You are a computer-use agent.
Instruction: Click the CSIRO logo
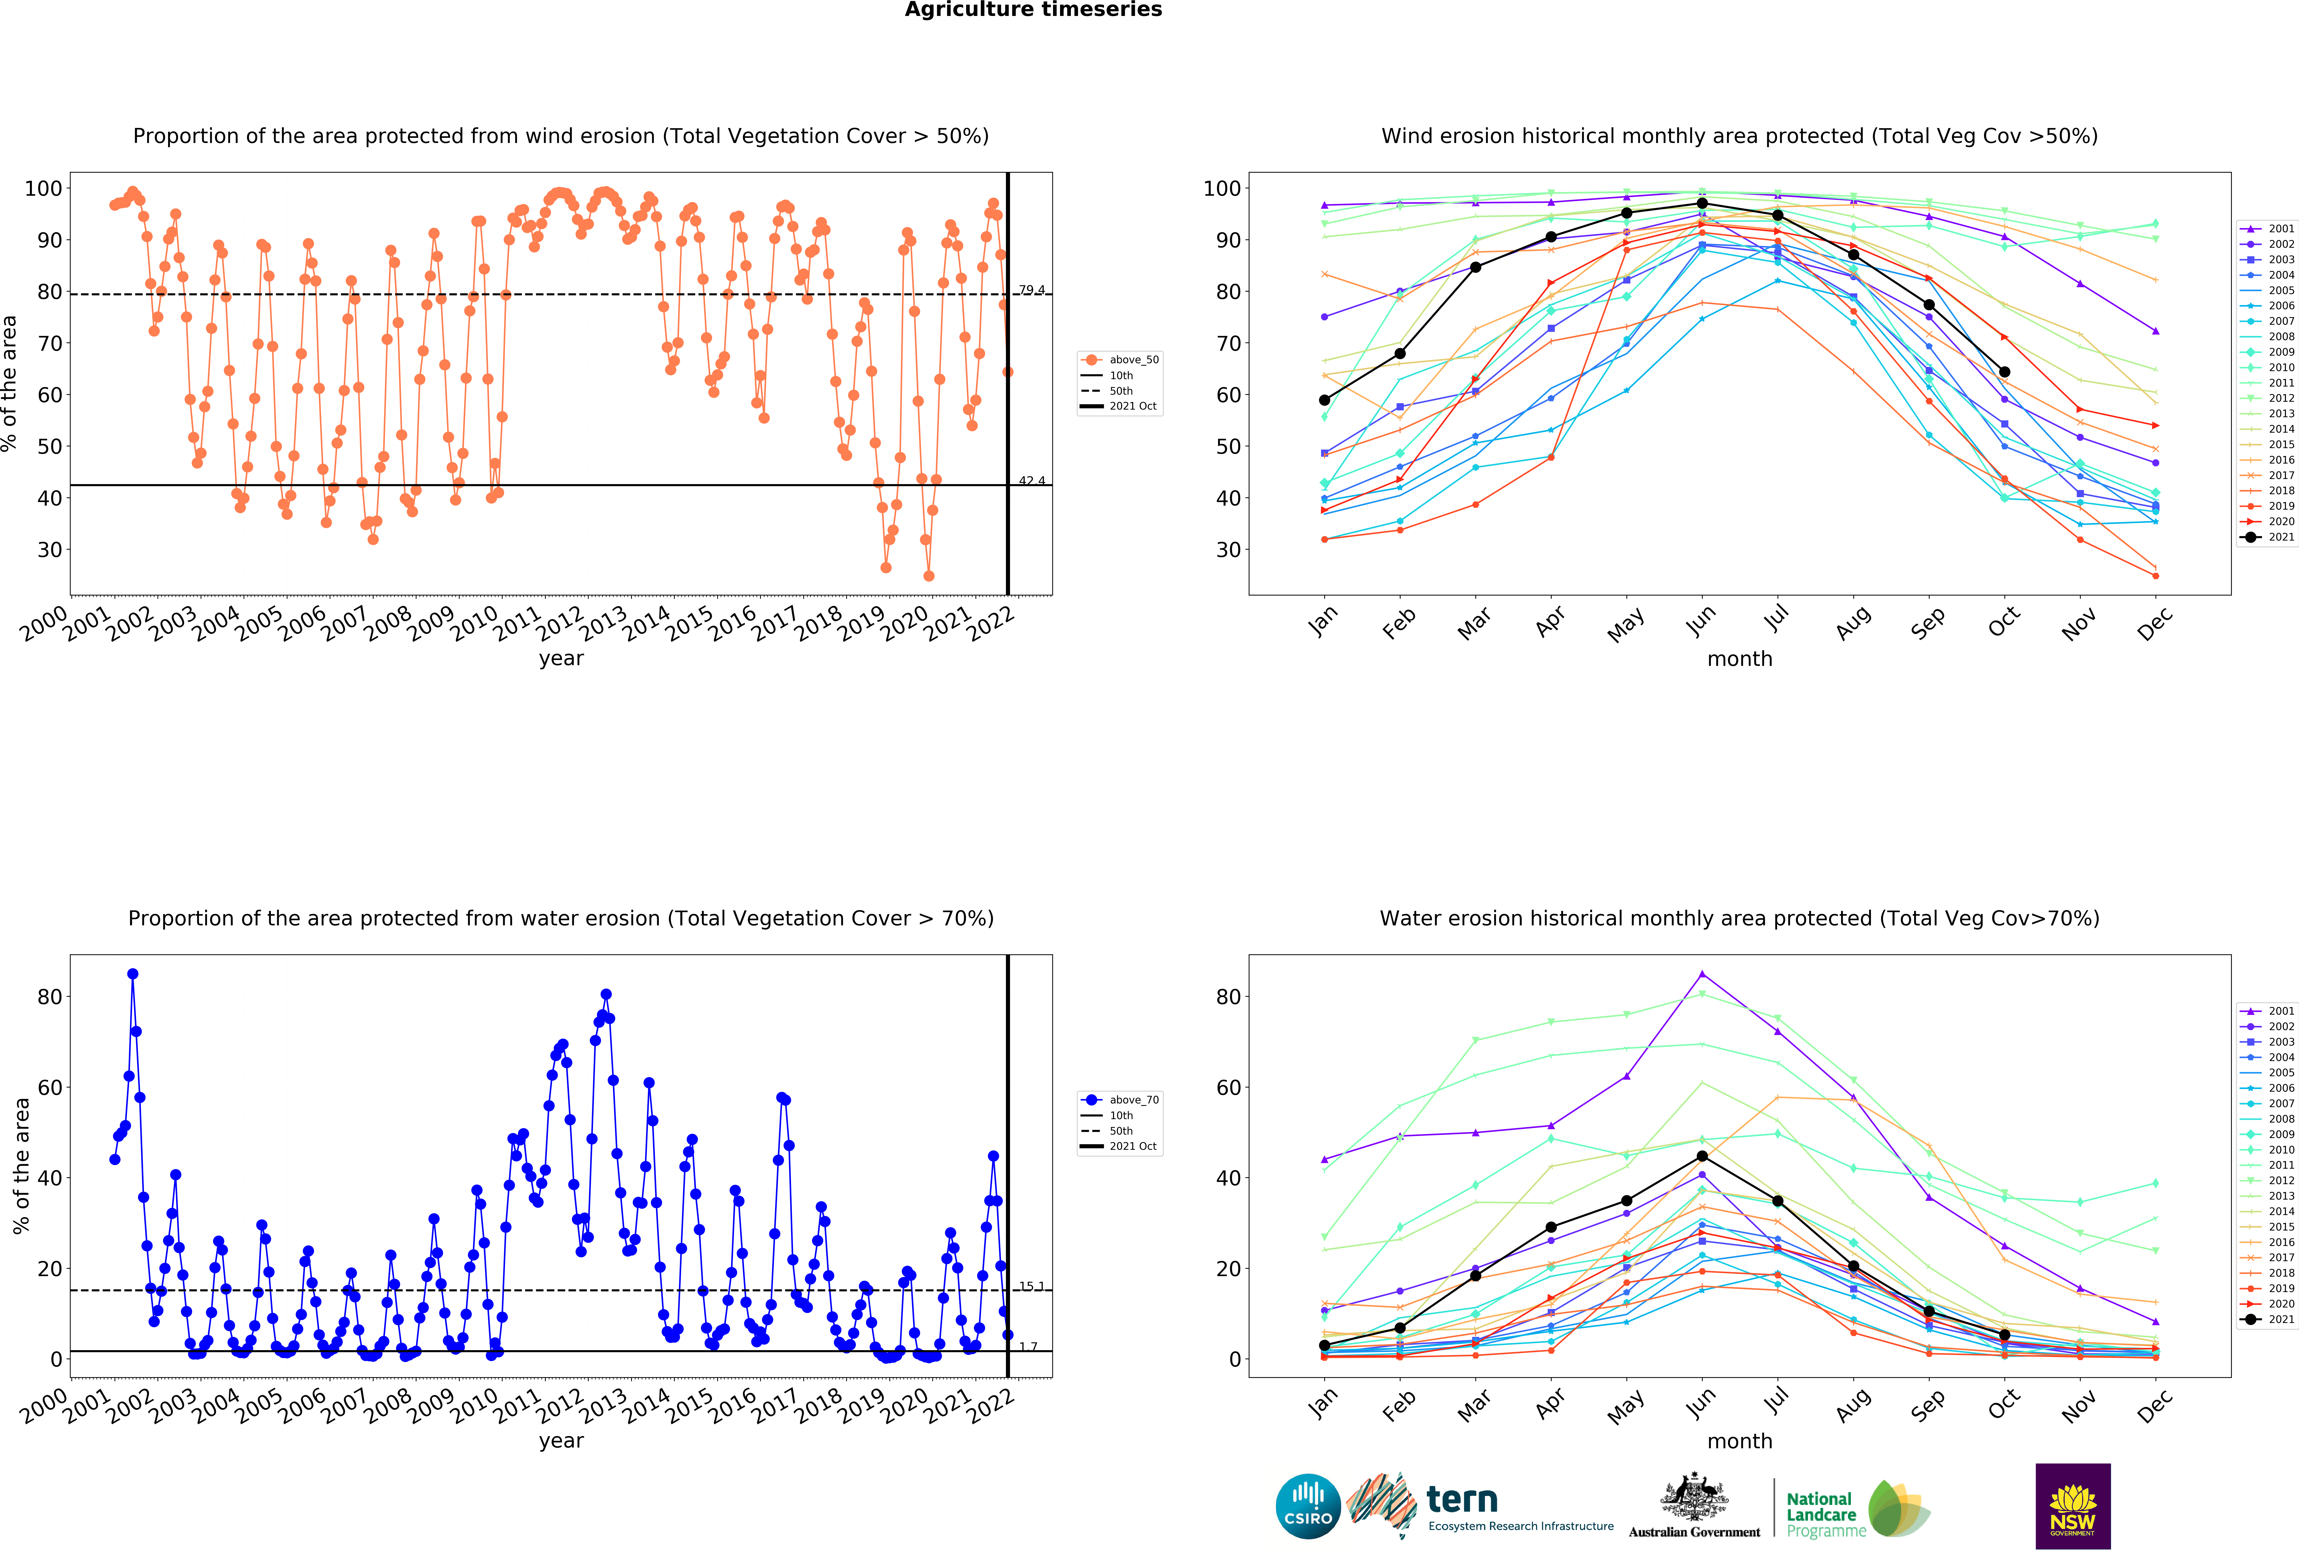pos(1308,1507)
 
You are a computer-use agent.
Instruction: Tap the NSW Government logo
pos(2072,1506)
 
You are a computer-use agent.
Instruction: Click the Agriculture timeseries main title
pos(1033,10)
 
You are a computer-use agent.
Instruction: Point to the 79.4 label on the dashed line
pos(1032,290)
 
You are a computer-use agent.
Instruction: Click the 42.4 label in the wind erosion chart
pos(1032,481)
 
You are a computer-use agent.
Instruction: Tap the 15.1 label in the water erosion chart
pos(1032,1286)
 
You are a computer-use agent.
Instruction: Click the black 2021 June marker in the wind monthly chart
pos(1702,204)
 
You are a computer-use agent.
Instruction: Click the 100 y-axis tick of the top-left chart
pos(42,188)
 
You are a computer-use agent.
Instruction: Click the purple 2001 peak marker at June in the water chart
pos(1702,974)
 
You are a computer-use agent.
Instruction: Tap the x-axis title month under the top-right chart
pos(1739,659)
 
